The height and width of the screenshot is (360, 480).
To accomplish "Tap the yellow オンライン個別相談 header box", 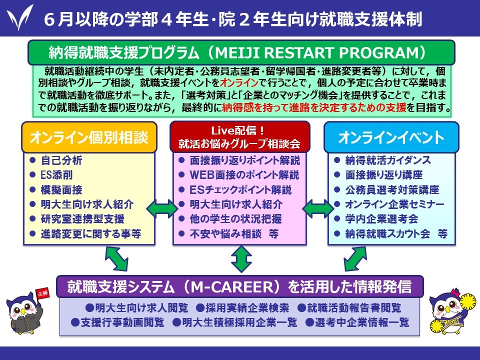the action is pyautogui.click(x=89, y=137).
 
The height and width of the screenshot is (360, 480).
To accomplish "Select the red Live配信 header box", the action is pyautogui.click(x=239, y=137).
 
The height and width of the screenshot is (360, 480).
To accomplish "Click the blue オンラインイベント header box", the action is pyautogui.click(x=391, y=137).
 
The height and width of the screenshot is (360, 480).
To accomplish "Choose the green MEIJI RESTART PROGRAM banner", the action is pyautogui.click(x=241, y=52).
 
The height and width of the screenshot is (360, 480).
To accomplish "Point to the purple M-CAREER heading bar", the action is pyautogui.click(x=240, y=287).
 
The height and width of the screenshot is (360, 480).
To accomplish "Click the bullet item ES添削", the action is pyautogui.click(x=56, y=175).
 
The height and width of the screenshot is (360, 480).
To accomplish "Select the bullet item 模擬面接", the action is pyautogui.click(x=61, y=190).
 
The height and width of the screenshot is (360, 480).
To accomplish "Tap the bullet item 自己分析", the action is pyautogui.click(x=61, y=160).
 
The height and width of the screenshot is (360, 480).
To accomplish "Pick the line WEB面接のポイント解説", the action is pyautogui.click(x=244, y=175).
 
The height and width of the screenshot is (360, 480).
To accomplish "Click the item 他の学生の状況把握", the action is pyautogui.click(x=235, y=219).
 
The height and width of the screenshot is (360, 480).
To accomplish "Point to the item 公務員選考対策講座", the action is pyautogui.click(x=392, y=190).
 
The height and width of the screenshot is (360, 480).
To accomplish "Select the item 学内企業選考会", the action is pyautogui.click(x=381, y=219).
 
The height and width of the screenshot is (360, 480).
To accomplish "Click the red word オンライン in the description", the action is pyautogui.click(x=239, y=82).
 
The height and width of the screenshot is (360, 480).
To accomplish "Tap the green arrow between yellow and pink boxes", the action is pyautogui.click(x=162, y=209).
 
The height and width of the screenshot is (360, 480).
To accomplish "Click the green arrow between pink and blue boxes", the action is pyautogui.click(x=318, y=209).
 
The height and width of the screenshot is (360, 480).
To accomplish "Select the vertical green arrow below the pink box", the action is pyautogui.click(x=241, y=259).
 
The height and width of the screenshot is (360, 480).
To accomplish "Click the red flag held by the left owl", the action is pyautogui.click(x=42, y=293).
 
